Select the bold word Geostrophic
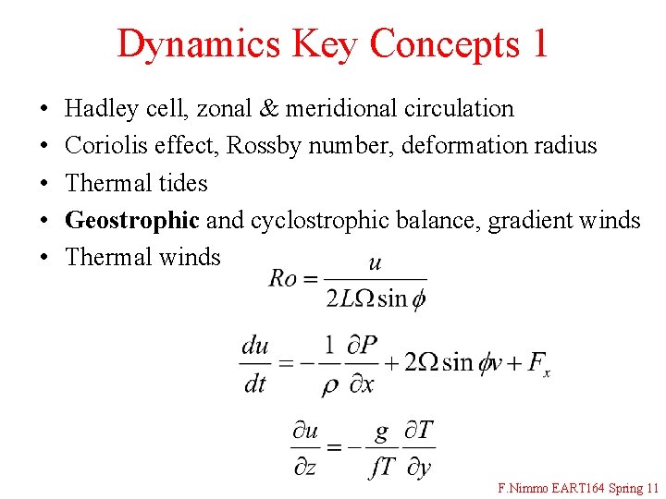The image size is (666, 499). (132, 220)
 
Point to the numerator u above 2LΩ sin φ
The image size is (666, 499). (375, 263)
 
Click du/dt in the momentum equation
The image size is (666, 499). (255, 364)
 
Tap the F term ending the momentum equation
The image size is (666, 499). (538, 364)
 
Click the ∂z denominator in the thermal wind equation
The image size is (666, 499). (305, 468)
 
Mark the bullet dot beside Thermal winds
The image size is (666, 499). (45, 257)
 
